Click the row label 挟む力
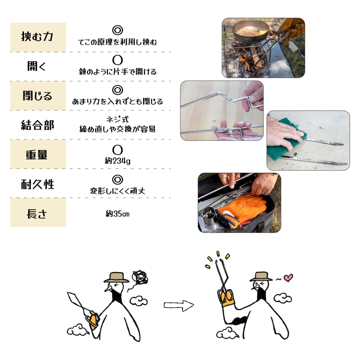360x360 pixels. pyautogui.click(x=38, y=37)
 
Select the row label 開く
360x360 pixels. pyautogui.click(x=38, y=66)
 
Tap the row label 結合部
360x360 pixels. pyautogui.click(x=38, y=125)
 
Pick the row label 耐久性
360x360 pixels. pyautogui.click(x=38, y=184)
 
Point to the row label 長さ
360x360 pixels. pyautogui.click(x=38, y=213)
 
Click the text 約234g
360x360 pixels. pyautogui.click(x=117, y=161)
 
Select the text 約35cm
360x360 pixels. pyautogui.click(x=117, y=213)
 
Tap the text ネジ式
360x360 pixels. pyautogui.click(x=117, y=119)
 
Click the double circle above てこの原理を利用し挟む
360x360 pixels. pyautogui.click(x=117, y=31)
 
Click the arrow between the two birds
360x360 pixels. pyautogui.click(x=178, y=305)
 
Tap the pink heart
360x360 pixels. pyautogui.click(x=288, y=278)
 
